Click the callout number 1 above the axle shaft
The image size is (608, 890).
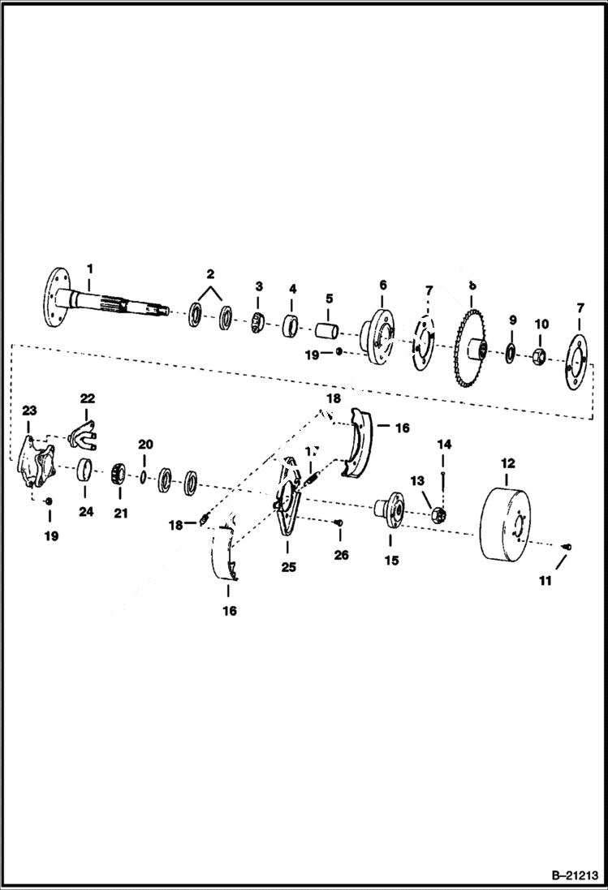point(90,268)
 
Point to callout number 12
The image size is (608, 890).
point(507,463)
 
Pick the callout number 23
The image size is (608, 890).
point(29,411)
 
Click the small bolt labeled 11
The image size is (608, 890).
point(567,548)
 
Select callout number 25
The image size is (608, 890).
point(288,567)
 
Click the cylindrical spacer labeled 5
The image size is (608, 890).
point(329,333)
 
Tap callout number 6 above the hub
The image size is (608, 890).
point(382,285)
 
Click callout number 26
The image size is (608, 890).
point(341,555)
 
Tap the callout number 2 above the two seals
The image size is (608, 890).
point(209,273)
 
